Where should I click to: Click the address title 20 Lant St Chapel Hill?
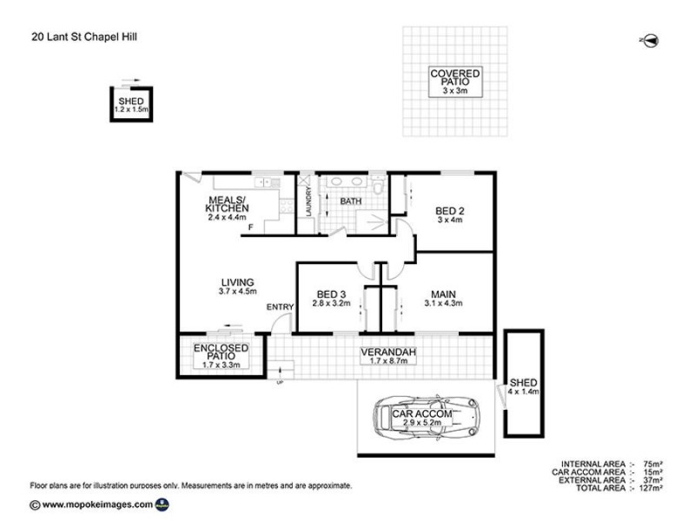85,36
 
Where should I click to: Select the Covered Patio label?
455,82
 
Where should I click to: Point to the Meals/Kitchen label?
226,208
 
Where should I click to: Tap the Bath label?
350,201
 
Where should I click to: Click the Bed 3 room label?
332,298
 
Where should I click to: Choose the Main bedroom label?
444,298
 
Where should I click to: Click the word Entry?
280,307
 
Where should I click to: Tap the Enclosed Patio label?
221,356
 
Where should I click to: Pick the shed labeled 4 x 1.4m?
524,386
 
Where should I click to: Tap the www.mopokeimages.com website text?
96,505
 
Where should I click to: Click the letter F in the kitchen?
251,228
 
